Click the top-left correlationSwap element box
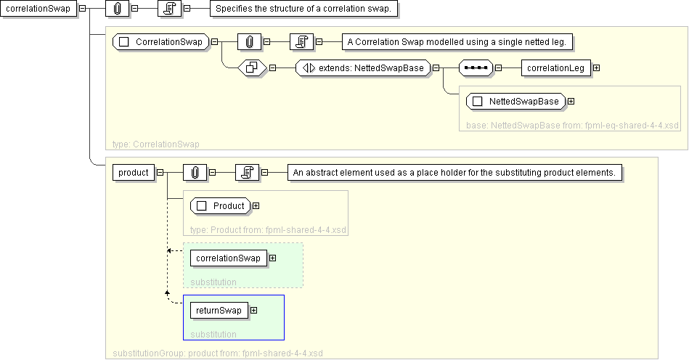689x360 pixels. tap(38, 8)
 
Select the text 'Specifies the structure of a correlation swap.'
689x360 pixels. tap(303, 8)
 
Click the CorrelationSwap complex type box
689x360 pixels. tap(161, 41)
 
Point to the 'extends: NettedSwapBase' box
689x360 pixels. tap(363, 68)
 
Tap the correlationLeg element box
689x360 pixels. tap(556, 68)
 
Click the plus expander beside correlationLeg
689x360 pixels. tap(596, 68)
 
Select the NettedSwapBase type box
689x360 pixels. tap(516, 102)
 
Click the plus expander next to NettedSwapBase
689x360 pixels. tap(571, 102)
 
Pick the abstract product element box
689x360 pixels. tap(134, 173)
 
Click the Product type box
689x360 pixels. tap(221, 206)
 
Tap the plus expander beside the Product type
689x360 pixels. tap(256, 206)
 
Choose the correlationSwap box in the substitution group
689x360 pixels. tap(229, 258)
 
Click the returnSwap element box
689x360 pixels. tap(219, 311)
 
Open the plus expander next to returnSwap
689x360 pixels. tap(253, 311)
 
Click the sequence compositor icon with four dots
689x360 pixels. tap(476, 68)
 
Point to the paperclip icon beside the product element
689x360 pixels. tap(195, 173)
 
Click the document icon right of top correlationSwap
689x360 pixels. tap(170, 8)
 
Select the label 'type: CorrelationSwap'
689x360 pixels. tap(156, 144)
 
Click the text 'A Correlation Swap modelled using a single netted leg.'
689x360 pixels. tap(457, 41)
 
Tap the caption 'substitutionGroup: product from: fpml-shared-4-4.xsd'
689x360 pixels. tap(218, 353)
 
